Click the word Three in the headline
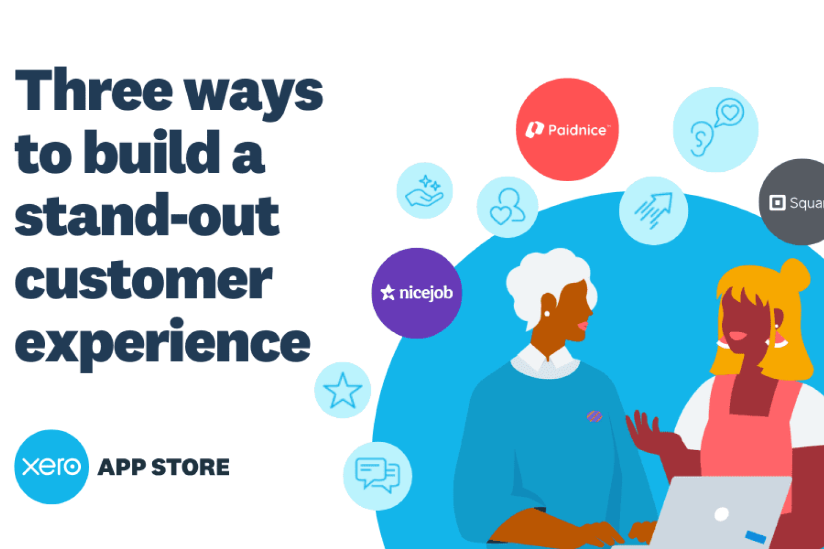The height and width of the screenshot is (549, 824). (94, 89)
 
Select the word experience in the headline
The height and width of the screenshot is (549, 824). (163, 344)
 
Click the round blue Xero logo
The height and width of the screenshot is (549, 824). (52, 467)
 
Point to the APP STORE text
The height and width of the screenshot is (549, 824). (164, 467)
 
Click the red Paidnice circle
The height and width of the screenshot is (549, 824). (567, 130)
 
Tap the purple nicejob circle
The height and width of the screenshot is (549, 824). (417, 293)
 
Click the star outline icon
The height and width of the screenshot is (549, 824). (343, 390)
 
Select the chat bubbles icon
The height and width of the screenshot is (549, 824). (378, 475)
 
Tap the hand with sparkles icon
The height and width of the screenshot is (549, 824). (424, 191)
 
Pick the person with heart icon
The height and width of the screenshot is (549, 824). (507, 206)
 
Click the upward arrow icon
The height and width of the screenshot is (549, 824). (654, 210)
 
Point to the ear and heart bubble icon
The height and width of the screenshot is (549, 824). (716, 127)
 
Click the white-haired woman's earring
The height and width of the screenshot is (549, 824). (547, 313)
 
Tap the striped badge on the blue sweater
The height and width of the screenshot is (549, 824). (594, 416)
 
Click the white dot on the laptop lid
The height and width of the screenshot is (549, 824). (721, 514)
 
